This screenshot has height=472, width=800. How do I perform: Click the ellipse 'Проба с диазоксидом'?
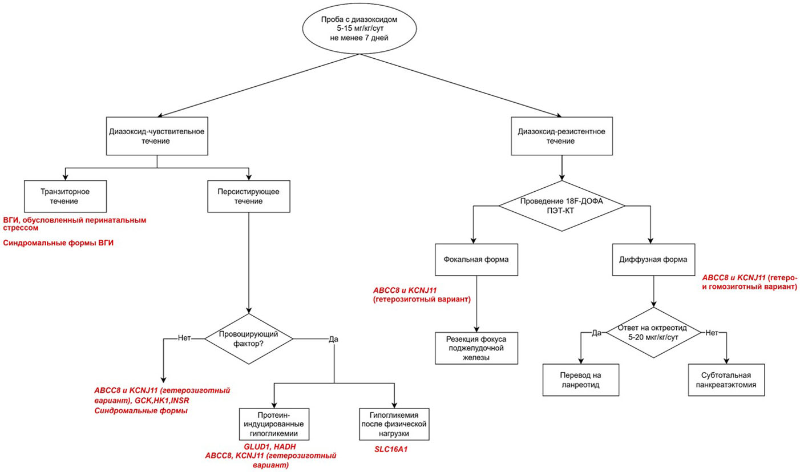tap(359, 29)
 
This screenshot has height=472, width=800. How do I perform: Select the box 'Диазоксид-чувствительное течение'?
tap(157, 136)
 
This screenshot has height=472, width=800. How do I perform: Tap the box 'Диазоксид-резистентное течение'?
tap(562, 136)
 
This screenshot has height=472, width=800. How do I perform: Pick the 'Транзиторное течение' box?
tap(66, 196)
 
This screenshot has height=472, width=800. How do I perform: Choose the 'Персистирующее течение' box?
tap(249, 196)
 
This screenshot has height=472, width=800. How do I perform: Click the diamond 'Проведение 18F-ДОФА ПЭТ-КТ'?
tap(562, 206)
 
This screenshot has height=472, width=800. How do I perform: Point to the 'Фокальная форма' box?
tap(476, 260)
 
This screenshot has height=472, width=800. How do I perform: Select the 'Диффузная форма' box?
tap(653, 260)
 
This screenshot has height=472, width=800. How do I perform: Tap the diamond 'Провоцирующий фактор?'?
tap(249, 338)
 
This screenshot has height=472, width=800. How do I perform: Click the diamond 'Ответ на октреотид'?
tap(653, 333)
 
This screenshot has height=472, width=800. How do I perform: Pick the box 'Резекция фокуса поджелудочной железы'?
tap(476, 348)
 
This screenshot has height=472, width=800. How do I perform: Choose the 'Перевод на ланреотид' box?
tap(581, 380)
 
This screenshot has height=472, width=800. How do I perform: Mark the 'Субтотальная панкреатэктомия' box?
tap(726, 380)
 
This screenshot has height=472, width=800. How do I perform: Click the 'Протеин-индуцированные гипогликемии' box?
tap(274, 424)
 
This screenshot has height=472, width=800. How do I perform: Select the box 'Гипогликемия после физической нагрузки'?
tap(394, 424)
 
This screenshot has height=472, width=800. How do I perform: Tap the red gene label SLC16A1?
tap(391, 449)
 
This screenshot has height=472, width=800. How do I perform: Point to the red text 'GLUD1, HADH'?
tap(270, 447)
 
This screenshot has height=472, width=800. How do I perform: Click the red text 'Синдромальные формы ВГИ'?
tap(58, 243)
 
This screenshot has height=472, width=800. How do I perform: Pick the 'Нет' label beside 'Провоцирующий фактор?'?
tap(184, 338)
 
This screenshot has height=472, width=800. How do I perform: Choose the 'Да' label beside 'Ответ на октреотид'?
tap(596, 333)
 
